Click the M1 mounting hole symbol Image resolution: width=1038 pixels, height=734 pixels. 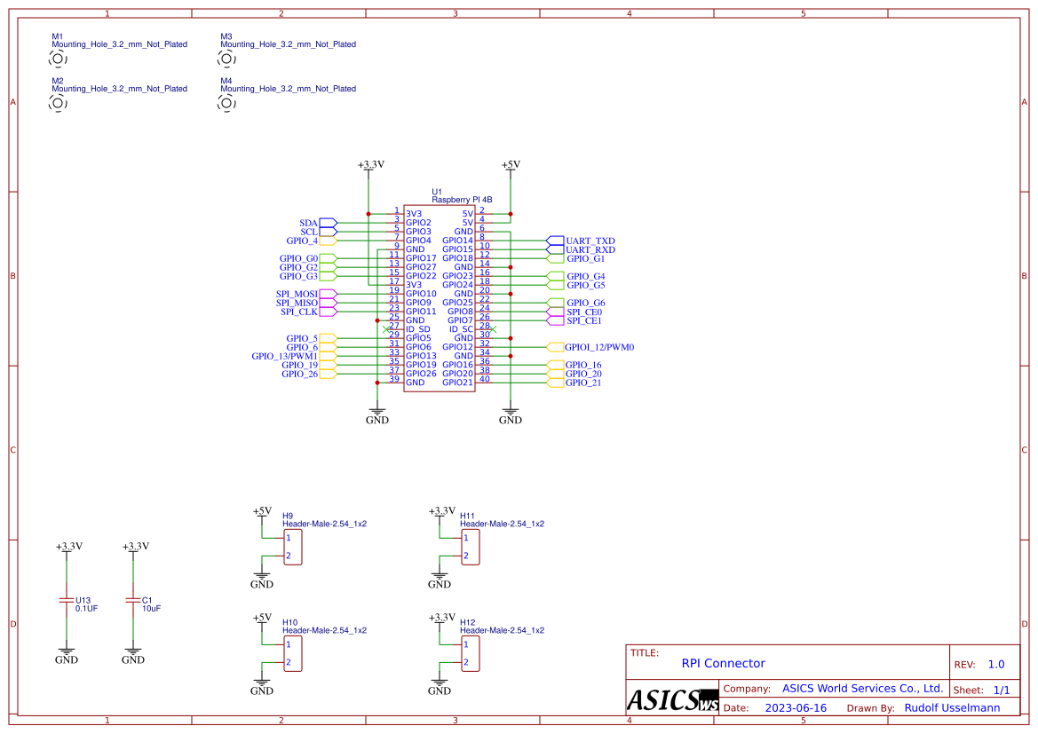click(x=58, y=59)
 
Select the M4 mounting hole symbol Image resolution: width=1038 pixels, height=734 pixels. click(x=226, y=103)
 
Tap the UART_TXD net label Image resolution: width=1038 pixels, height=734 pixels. click(x=590, y=241)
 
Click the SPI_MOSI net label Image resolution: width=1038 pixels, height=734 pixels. click(x=297, y=294)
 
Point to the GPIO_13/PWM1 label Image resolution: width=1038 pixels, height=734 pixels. click(x=284, y=356)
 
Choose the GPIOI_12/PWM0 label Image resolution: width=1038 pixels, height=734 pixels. click(x=598, y=347)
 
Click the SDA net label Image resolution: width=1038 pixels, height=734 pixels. click(x=308, y=223)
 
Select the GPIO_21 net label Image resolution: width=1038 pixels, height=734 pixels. click(x=582, y=383)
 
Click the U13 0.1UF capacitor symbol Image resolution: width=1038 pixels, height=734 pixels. click(x=66, y=601)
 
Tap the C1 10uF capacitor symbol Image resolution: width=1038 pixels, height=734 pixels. click(x=132, y=601)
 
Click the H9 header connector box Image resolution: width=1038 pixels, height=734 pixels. click(x=293, y=547)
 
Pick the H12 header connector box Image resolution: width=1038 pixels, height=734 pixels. click(x=471, y=653)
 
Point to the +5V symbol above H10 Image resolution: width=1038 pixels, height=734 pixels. click(x=262, y=618)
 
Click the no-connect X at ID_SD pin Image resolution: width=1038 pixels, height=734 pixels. click(x=385, y=329)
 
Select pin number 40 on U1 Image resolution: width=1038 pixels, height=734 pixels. click(x=484, y=379)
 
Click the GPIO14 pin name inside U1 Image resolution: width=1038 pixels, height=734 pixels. click(x=457, y=241)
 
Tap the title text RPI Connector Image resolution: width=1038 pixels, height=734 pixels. click(x=723, y=663)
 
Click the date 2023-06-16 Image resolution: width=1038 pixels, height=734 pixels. click(x=796, y=707)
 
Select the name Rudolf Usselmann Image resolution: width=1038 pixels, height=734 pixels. click(x=952, y=707)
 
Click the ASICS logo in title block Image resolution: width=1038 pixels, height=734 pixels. click(x=672, y=699)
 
